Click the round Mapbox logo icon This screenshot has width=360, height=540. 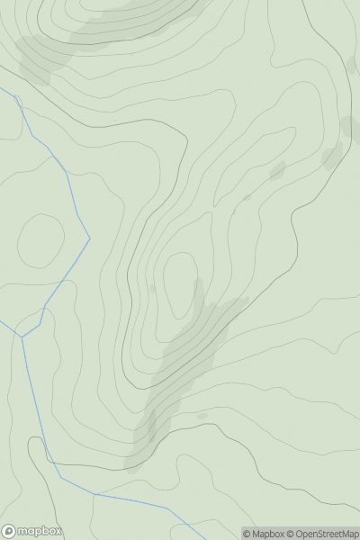pos(10,532)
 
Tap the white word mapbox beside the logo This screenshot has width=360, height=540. pos(40,532)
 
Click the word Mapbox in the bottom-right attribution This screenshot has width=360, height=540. pos(267,534)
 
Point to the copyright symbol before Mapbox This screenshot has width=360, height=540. pos(247,534)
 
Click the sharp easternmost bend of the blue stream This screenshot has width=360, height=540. pos(90,238)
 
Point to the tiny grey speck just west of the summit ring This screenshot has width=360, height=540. pos(152,288)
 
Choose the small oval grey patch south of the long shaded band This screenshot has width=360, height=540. pos(202,415)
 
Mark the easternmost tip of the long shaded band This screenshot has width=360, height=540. pos(245,301)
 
